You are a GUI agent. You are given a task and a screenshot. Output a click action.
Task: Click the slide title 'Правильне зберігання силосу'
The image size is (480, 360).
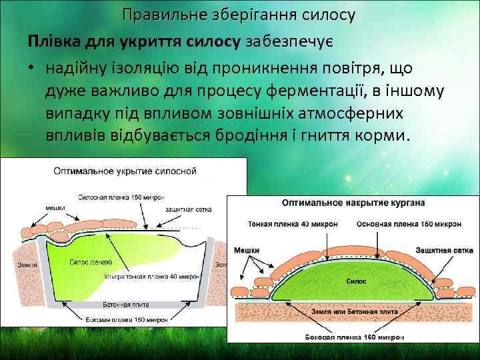click(239, 13)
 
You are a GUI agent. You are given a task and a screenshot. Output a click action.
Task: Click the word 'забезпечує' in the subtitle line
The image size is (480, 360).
click(292, 41)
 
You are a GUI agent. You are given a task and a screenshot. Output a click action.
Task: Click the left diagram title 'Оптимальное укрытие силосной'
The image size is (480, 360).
click(125, 171)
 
